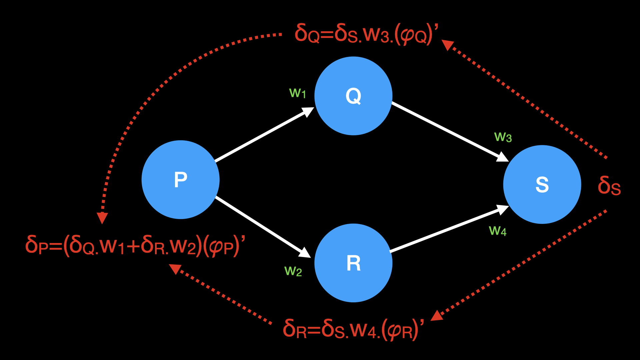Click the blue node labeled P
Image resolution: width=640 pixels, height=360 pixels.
[180, 180]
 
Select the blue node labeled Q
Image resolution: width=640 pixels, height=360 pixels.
[353, 96]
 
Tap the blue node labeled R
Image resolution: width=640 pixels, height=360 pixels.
[353, 263]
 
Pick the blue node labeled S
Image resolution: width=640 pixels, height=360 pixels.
[542, 184]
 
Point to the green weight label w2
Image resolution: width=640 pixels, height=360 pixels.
[293, 271]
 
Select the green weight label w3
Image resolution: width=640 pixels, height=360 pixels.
[503, 137]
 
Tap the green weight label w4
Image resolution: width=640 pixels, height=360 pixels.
[497, 231]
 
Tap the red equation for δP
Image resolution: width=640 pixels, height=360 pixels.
[135, 246]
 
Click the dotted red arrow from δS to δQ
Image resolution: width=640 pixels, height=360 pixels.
[527, 100]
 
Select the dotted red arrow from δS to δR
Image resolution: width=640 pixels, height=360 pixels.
[520, 263]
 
